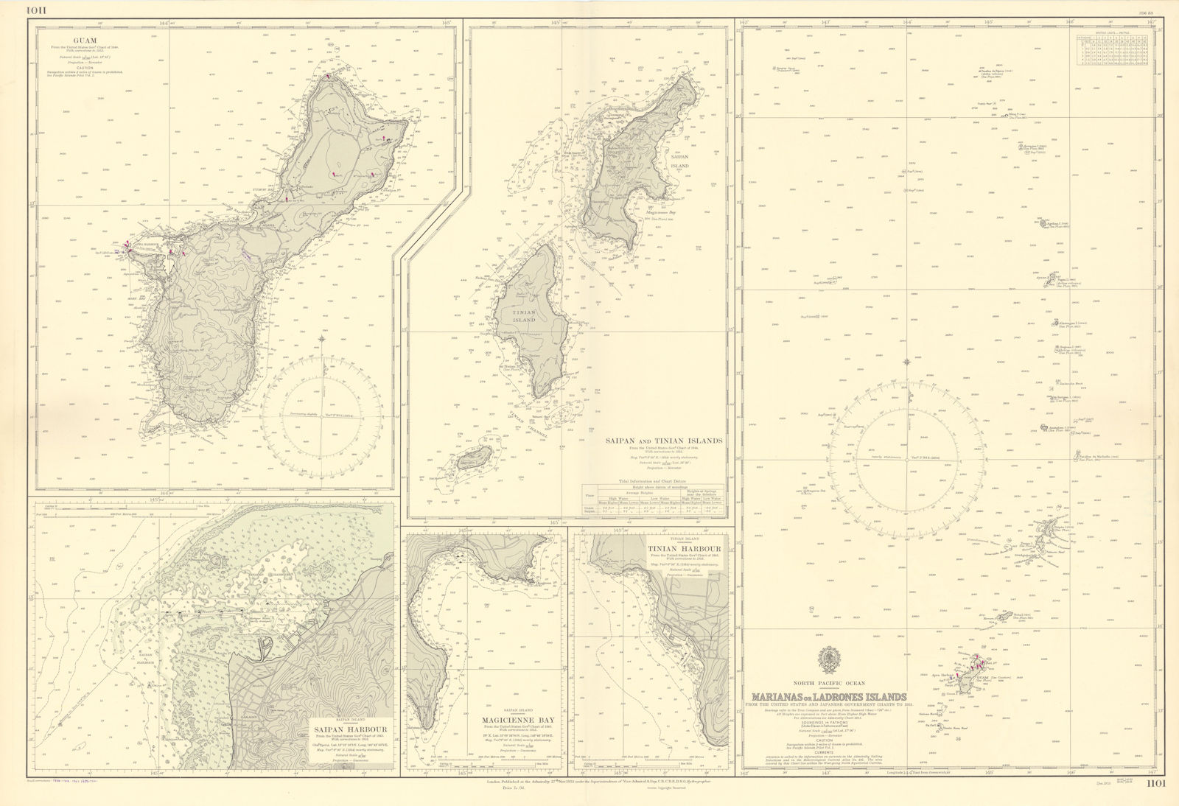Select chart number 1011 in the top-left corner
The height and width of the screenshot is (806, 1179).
click(16, 9)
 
